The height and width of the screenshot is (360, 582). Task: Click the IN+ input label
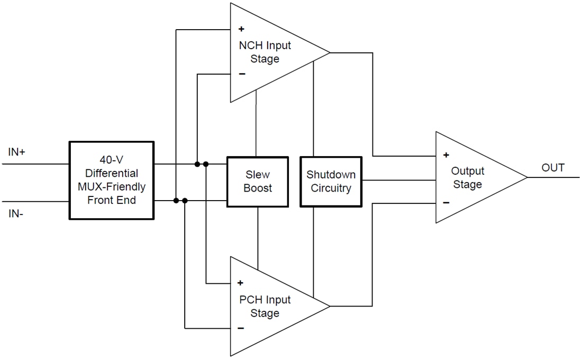coord(17,152)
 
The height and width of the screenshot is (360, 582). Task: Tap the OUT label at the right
coord(553,168)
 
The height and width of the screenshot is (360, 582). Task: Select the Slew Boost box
coord(258,181)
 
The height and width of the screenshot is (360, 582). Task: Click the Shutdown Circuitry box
coord(331,181)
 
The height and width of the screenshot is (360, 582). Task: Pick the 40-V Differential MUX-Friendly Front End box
coord(112,180)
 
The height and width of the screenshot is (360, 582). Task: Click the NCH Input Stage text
coord(265,52)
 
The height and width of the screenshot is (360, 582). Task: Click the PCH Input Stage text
coord(265,306)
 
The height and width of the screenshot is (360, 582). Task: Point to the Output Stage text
coord(467,177)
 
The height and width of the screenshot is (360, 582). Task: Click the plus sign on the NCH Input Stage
coord(241,29)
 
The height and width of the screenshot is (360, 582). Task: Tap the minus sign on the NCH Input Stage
coord(242,74)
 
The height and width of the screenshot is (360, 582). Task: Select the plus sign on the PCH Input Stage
coord(241,283)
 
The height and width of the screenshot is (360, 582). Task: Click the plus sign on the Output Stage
coord(446,155)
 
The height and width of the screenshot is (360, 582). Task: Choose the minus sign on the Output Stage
coord(446,202)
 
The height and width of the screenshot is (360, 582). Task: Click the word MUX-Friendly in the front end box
coord(112,187)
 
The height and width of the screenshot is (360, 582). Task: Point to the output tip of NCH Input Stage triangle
coord(329,52)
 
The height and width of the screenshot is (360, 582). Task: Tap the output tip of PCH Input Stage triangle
coord(329,306)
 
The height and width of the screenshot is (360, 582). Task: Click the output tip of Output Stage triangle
coord(526,177)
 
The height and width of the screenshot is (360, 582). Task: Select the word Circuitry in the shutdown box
coord(331,188)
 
